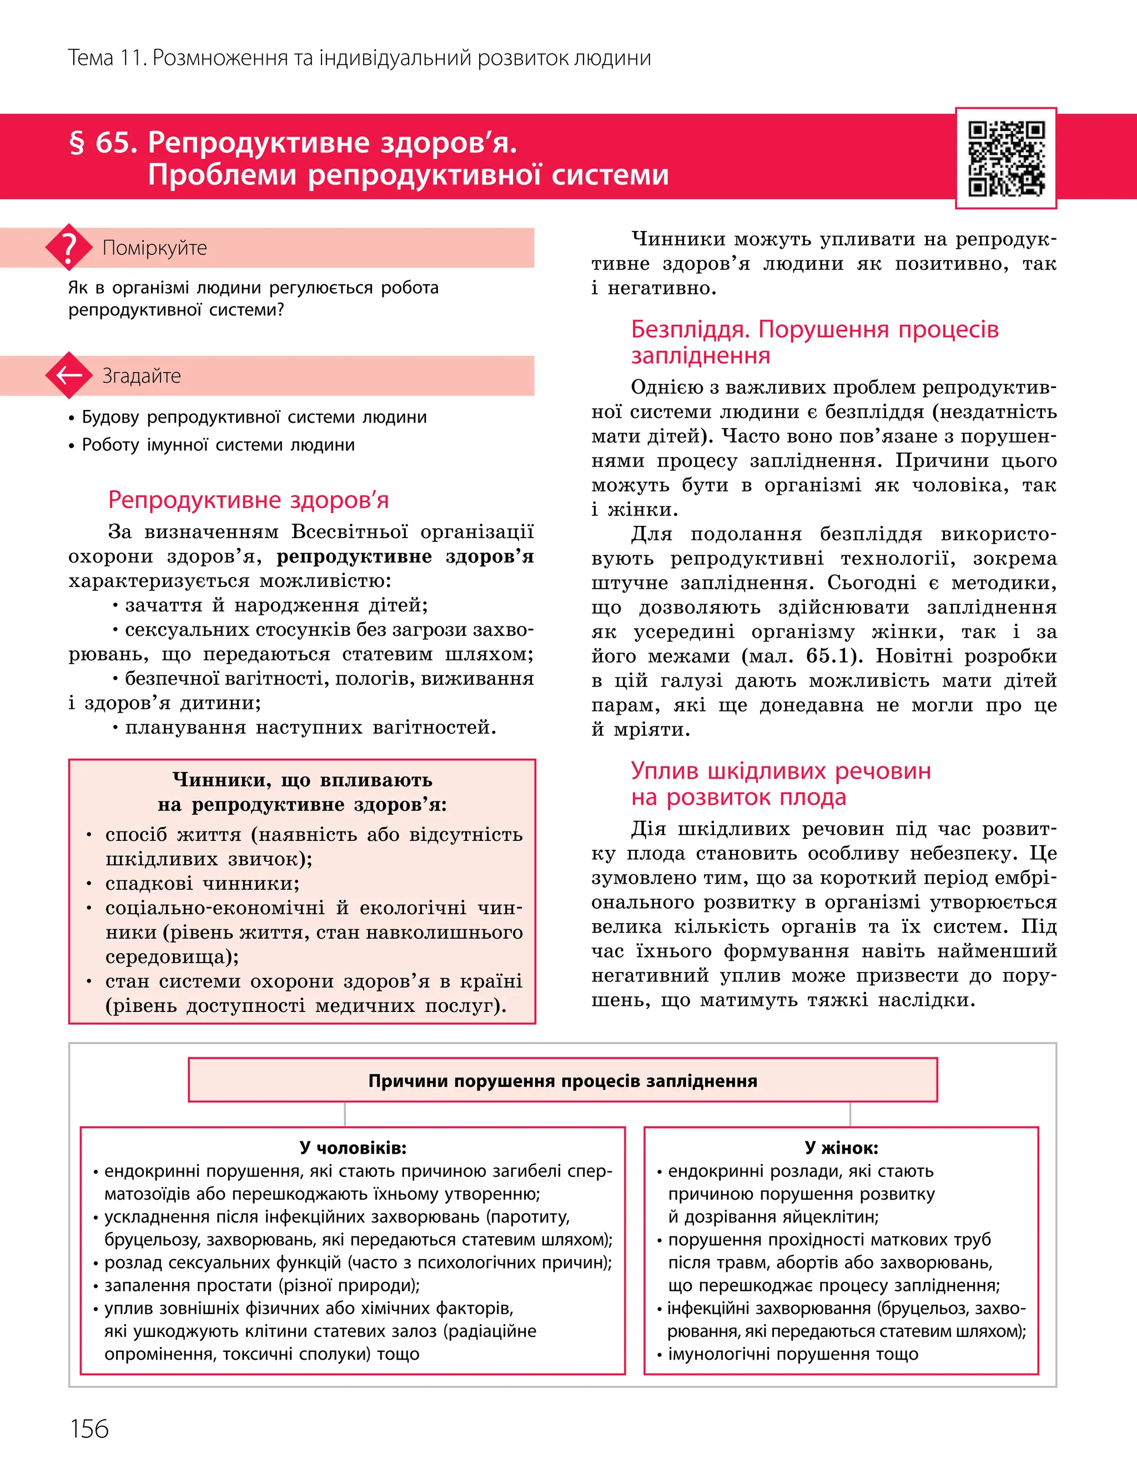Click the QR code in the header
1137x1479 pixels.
click(x=1006, y=158)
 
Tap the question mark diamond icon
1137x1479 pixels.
click(x=68, y=248)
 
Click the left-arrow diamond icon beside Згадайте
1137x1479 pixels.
click(x=68, y=375)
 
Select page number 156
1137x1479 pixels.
click(x=89, y=1429)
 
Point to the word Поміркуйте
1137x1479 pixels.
click(x=154, y=248)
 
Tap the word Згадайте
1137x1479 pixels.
click(x=142, y=375)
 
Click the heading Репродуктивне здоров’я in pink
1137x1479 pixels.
click(x=248, y=499)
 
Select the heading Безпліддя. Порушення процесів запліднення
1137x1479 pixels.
click(x=814, y=342)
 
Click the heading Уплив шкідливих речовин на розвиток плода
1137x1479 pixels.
click(x=781, y=784)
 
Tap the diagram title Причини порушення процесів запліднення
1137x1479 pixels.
click(x=562, y=1081)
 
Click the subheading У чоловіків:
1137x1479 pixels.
click(x=353, y=1147)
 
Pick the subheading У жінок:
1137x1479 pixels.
click(x=841, y=1147)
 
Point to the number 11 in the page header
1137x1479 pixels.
click(x=132, y=58)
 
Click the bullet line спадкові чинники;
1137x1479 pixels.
click(x=202, y=883)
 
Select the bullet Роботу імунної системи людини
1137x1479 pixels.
click(x=218, y=445)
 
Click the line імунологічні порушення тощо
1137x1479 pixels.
click(x=793, y=1354)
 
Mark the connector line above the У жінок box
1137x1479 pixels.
click(x=850, y=1114)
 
